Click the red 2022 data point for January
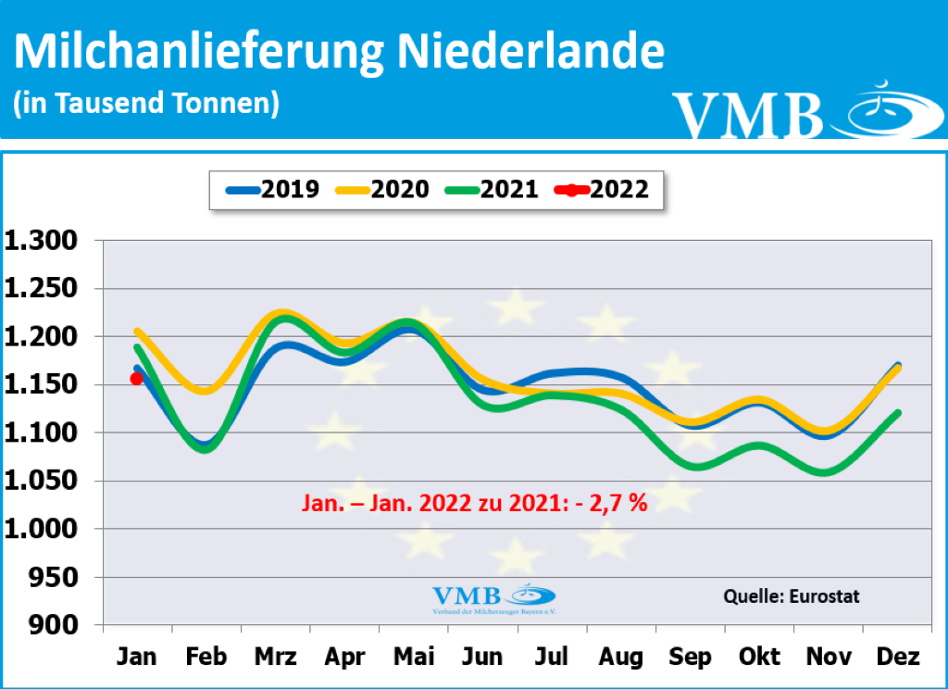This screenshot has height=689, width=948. [137, 378]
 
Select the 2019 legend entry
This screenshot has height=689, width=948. [273, 190]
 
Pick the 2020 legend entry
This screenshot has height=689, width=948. [383, 190]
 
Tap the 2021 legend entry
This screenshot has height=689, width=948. [492, 190]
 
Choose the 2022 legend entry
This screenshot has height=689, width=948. [602, 190]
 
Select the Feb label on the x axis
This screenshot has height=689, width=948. [206, 657]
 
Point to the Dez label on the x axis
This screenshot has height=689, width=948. [897, 657]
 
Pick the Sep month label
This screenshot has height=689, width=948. [690, 657]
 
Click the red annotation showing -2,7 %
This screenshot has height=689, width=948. [474, 503]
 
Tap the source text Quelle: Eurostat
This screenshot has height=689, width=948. [791, 596]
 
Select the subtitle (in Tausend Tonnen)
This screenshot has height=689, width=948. [145, 103]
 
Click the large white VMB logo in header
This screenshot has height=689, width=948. [796, 111]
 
